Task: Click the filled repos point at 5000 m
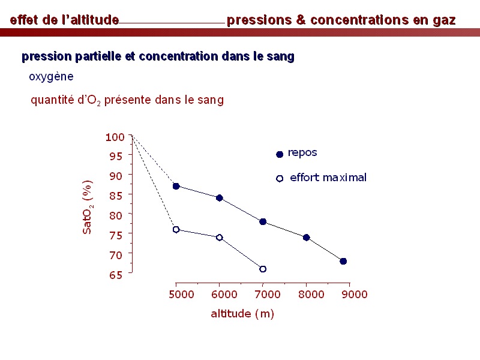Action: (x=176, y=186)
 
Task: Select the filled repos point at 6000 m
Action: (x=220, y=198)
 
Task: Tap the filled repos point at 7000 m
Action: (x=263, y=221)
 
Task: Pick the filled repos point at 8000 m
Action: (x=307, y=238)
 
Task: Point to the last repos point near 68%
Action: (x=343, y=261)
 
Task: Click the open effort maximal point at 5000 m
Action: (x=176, y=230)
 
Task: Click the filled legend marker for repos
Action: (x=280, y=154)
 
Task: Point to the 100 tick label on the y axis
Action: (x=115, y=137)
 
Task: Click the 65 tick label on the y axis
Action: (x=116, y=275)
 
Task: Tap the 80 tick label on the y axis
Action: (x=116, y=215)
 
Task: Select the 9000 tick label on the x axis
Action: (x=355, y=295)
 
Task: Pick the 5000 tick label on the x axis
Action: (x=181, y=295)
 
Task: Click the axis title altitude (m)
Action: (x=242, y=314)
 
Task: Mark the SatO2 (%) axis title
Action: (x=88, y=207)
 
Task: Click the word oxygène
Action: (x=51, y=77)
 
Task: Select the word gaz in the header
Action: (x=444, y=20)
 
